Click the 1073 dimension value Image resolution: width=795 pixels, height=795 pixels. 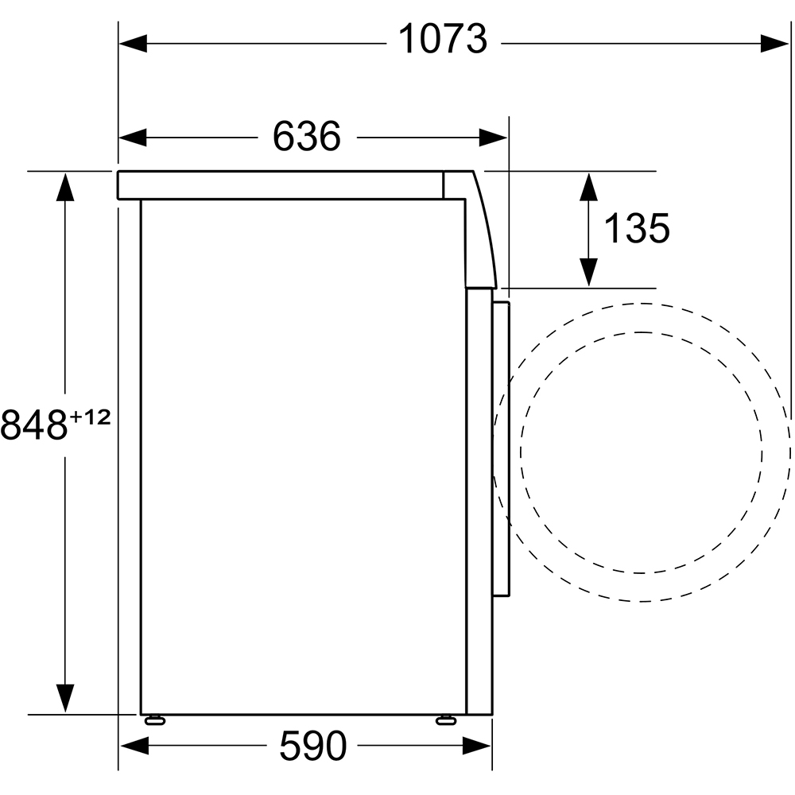coord(443,40)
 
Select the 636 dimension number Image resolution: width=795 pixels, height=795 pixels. coord(307,137)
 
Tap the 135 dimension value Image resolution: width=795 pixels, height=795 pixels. coord(637,228)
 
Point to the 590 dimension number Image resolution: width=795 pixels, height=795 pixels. coord(312,746)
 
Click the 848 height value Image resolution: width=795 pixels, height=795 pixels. coord(34,425)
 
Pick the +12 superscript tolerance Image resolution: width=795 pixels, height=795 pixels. coord(91,418)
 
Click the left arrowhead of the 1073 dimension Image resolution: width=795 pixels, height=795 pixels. coord(133,44)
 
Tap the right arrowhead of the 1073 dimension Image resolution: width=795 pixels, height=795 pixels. coord(774,44)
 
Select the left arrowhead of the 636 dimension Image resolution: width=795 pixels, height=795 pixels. coord(133,138)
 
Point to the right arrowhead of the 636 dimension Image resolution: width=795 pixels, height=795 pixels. coord(493,138)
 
